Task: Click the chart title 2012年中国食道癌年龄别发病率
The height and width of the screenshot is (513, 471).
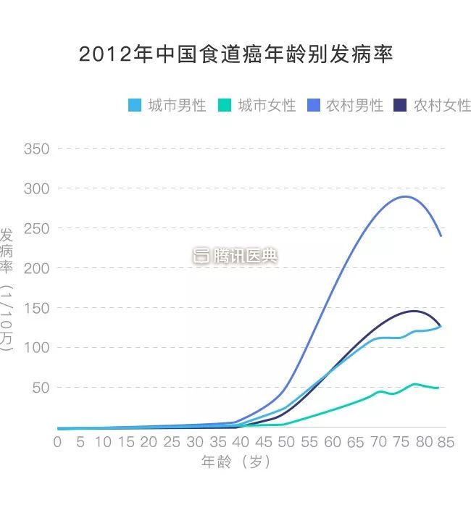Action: [x=236, y=54]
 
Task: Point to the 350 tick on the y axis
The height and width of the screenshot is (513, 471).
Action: [x=36, y=149]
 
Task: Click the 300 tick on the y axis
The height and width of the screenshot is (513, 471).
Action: [x=36, y=188]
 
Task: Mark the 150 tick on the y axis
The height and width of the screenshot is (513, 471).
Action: [x=36, y=308]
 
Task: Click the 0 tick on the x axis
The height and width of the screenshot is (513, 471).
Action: [x=57, y=442]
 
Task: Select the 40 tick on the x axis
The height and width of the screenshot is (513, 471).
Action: [x=240, y=442]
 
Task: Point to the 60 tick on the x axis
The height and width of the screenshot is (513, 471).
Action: [x=332, y=442]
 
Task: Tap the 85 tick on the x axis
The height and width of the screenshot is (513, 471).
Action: [x=446, y=442]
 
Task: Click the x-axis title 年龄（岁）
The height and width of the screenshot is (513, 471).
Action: [x=236, y=462]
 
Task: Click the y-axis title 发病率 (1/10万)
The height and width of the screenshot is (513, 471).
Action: [x=7, y=290]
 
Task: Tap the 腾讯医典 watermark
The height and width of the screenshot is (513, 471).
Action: [x=236, y=256]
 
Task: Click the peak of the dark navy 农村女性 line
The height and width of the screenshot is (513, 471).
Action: [x=414, y=311]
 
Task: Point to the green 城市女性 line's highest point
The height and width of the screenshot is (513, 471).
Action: [x=414, y=384]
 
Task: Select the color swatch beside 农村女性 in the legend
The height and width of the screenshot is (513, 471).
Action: [x=400, y=105]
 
